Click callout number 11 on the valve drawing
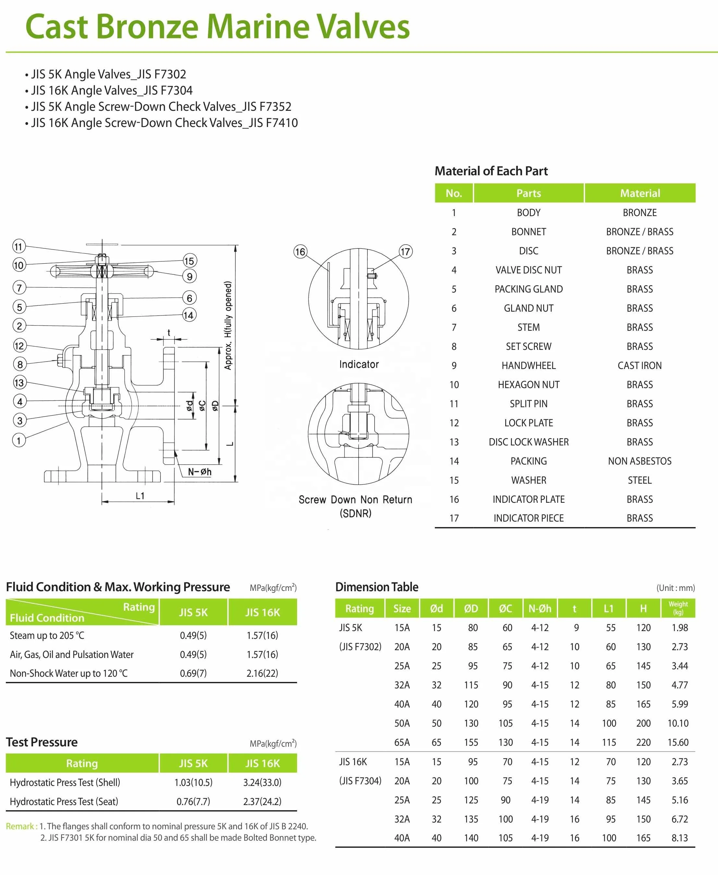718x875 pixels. tap(18, 247)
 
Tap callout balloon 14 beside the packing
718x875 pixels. tap(189, 315)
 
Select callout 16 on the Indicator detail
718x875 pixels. tap(300, 252)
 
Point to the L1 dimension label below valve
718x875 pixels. tap(140, 496)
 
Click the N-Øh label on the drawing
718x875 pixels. tap(199, 472)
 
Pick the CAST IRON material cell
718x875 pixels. tap(640, 366)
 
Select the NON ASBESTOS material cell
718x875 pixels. tap(640, 461)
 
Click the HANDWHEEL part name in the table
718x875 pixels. tap(529, 366)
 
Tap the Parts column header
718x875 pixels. tap(529, 193)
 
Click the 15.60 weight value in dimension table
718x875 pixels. tap(678, 743)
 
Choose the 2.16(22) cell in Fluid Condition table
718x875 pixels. tap(262, 674)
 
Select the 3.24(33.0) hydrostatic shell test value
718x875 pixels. tap(262, 782)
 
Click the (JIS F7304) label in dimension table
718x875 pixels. tap(360, 781)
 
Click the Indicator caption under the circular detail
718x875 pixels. tap(359, 364)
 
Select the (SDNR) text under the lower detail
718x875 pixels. tap(355, 513)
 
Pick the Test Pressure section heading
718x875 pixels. tap(42, 742)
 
